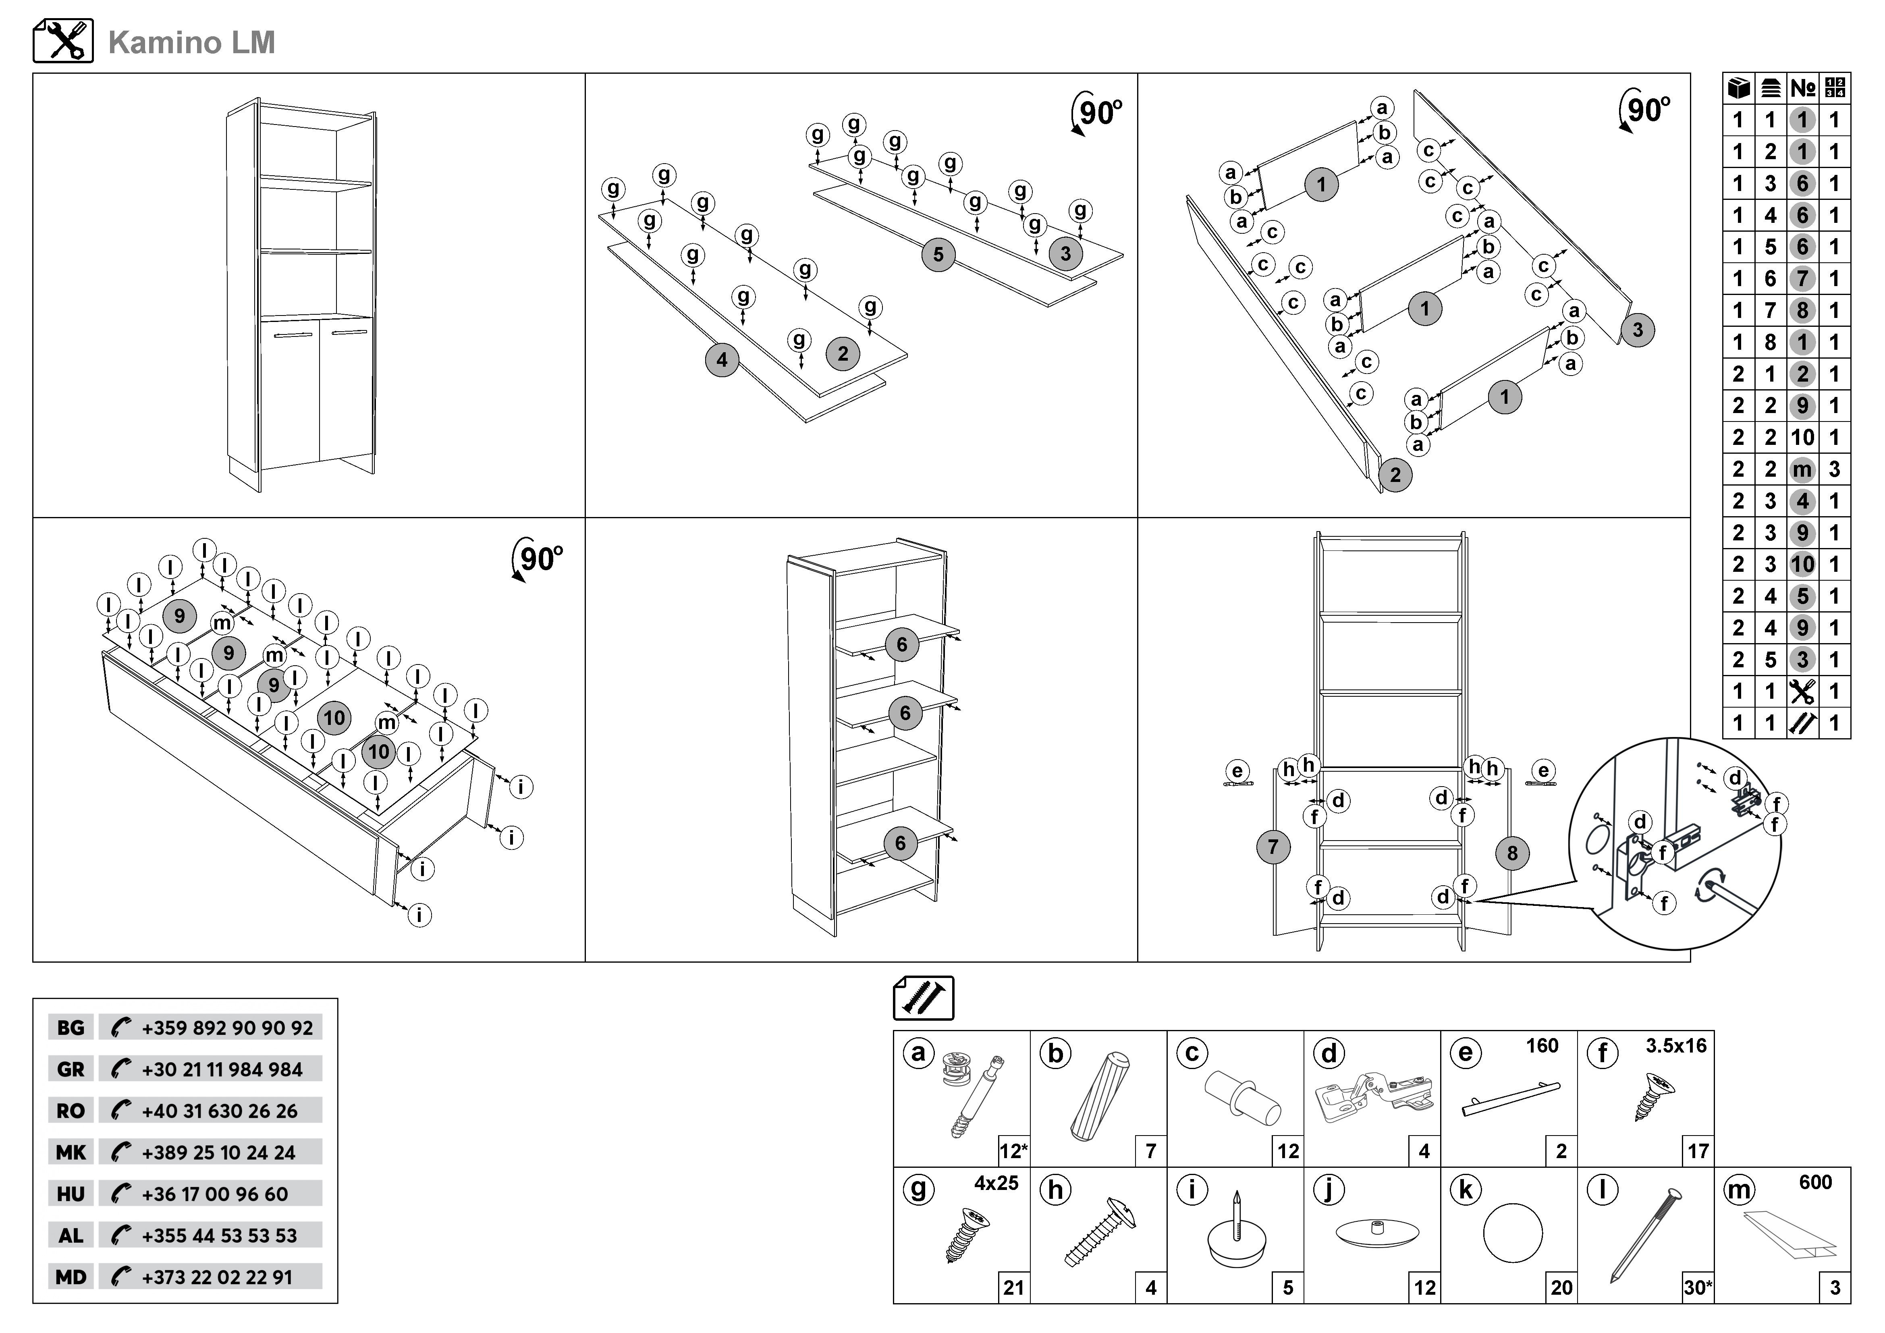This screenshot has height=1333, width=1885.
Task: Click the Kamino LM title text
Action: (x=191, y=43)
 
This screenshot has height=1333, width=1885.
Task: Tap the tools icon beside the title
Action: (x=63, y=41)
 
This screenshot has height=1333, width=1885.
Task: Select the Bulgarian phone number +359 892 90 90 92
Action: (x=226, y=1028)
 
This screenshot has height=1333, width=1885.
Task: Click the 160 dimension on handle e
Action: (x=1542, y=1046)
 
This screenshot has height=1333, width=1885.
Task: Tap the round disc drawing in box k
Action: (x=1512, y=1233)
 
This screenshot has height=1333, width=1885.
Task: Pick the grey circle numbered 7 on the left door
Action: (x=1273, y=847)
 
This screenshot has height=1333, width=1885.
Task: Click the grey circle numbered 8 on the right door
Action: (x=1512, y=853)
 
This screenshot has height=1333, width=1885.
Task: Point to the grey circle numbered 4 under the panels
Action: (x=722, y=359)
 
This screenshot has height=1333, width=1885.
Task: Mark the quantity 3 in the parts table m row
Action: (x=1834, y=469)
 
